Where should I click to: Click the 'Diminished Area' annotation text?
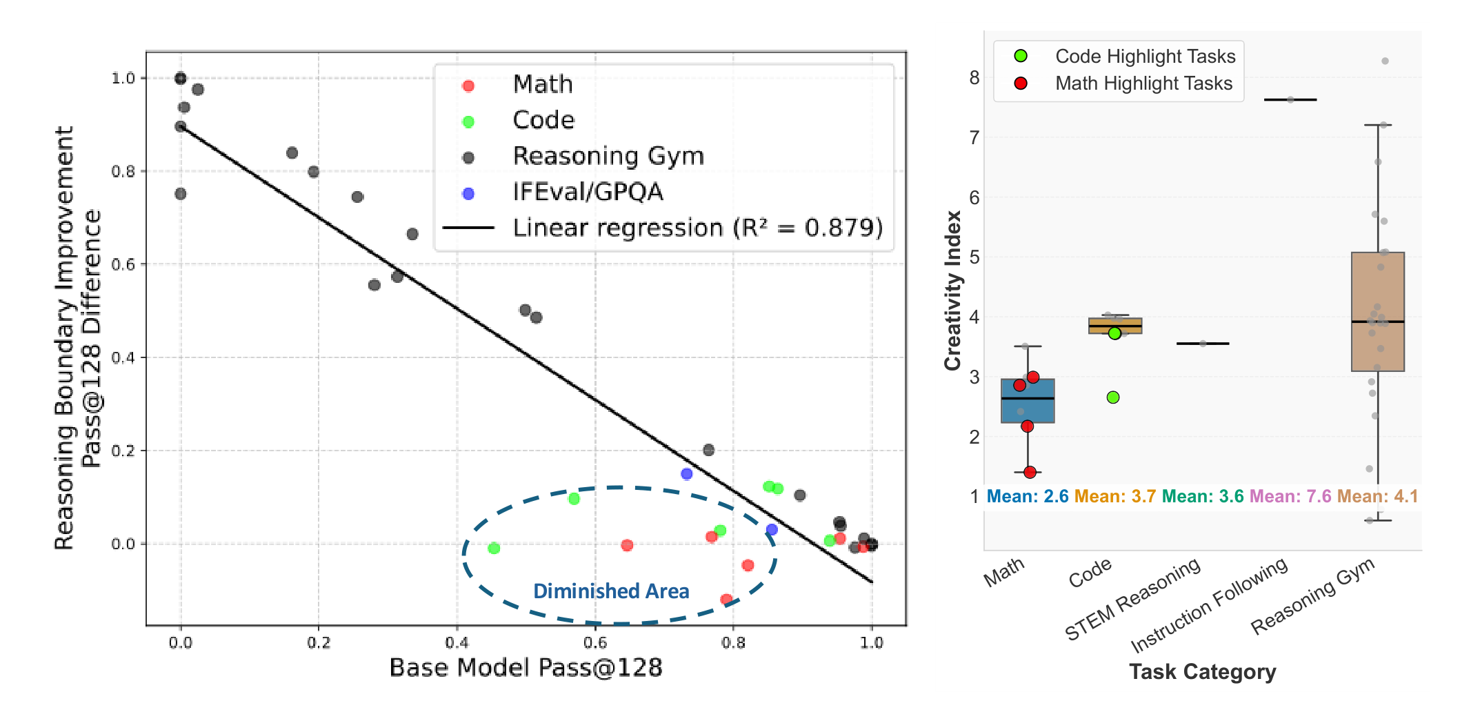(x=611, y=591)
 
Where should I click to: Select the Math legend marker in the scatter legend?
(x=468, y=86)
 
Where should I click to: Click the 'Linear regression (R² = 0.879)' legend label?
(x=697, y=228)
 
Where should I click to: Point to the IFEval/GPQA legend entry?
(x=588, y=192)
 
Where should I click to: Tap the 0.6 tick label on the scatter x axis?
(x=595, y=643)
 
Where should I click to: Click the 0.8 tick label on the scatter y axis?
(x=123, y=171)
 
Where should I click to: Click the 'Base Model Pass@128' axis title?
(x=526, y=668)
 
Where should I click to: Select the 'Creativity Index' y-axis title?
(x=952, y=290)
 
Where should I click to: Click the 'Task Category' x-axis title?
(x=1202, y=671)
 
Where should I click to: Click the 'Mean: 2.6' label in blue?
(x=1028, y=496)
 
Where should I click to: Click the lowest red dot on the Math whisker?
(x=1030, y=473)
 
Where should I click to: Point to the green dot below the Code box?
(x=1113, y=397)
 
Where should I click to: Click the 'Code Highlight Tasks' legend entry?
(x=1145, y=57)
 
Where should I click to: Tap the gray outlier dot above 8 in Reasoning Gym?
(x=1385, y=61)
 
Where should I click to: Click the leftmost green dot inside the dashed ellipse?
(x=494, y=549)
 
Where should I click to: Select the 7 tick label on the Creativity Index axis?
(x=974, y=138)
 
